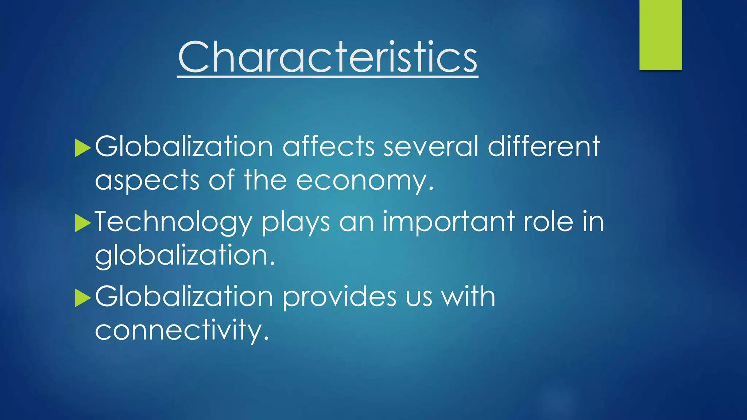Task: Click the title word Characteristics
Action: [328, 57]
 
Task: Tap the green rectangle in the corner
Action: [660, 35]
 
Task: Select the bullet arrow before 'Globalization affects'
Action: [82, 148]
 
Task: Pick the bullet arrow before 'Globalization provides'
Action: [82, 298]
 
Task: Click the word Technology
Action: [173, 222]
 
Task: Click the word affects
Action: [328, 147]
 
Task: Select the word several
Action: [431, 147]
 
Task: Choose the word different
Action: [544, 147]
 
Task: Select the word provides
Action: [339, 297]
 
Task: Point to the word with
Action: [468, 296]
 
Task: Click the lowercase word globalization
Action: [185, 256]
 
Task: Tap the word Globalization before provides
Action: [184, 296]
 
